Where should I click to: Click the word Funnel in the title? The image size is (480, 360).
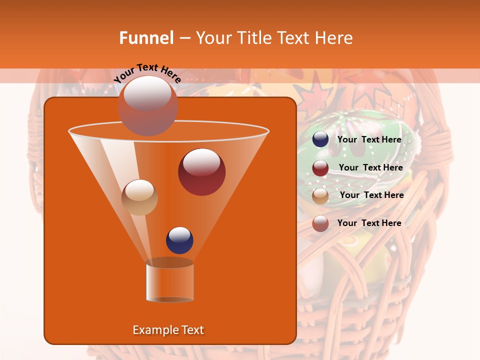pos(146,38)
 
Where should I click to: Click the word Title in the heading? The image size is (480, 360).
pos(253,38)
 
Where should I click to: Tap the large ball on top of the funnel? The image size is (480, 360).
pos(147,105)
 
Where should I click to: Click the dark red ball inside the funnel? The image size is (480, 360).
pos(201,172)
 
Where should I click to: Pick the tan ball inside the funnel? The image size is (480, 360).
pos(139,197)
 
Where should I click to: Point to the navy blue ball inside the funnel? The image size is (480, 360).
pos(179,240)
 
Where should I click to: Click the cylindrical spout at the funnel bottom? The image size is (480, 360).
pos(169,282)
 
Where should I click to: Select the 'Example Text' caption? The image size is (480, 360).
pos(168,330)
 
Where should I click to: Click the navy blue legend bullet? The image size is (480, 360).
pos(320,139)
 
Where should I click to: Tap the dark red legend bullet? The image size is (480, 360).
pos(320,168)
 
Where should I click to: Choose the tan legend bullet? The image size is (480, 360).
pos(320,195)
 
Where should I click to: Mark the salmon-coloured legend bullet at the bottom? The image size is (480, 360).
pos(320,223)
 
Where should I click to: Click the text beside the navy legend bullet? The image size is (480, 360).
pos(369,139)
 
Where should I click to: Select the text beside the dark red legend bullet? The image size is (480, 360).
pos(370,168)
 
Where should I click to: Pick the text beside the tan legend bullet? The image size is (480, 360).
pos(371,195)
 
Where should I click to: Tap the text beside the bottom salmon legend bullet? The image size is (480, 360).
pos(369,223)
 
